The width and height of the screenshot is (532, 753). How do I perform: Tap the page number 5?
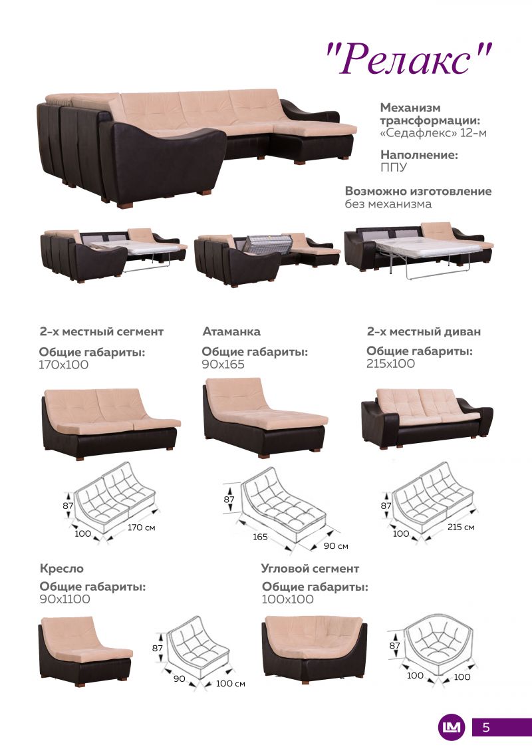click(x=486, y=727)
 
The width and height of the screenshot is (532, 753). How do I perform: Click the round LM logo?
click(x=452, y=727)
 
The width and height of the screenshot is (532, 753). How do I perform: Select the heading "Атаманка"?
click(x=231, y=331)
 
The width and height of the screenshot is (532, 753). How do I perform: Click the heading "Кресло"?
click(x=61, y=569)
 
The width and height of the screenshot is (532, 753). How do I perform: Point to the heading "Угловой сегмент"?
click(x=310, y=569)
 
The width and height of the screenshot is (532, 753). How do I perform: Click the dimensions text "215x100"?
click(x=390, y=364)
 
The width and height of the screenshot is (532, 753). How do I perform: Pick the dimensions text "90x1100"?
click(x=65, y=599)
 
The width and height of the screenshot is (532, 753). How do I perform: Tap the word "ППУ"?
click(x=394, y=167)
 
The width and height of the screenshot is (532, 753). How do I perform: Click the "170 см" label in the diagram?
click(x=141, y=527)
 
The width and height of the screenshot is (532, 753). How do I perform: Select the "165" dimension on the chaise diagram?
click(x=260, y=536)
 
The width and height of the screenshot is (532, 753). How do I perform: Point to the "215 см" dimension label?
click(x=461, y=527)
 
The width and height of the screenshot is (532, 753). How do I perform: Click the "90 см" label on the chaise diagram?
click(x=336, y=546)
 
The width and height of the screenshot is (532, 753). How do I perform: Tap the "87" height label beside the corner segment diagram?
click(x=395, y=645)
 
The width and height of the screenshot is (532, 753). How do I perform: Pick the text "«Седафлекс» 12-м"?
click(x=433, y=132)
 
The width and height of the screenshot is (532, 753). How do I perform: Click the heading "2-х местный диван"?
click(x=424, y=331)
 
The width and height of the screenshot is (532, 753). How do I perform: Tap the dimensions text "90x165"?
click(x=223, y=364)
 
